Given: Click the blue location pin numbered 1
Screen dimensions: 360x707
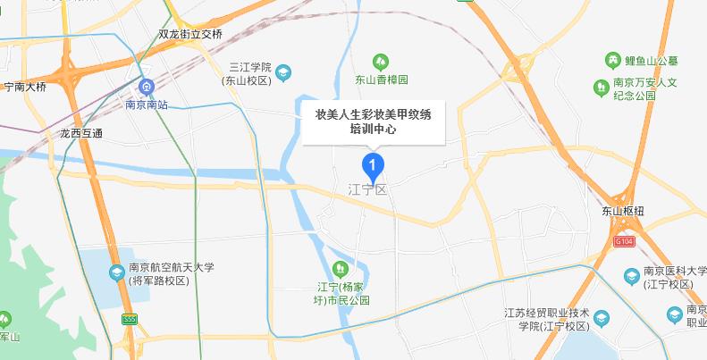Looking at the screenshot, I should (372, 165).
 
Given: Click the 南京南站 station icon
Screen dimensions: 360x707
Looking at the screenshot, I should (145, 88).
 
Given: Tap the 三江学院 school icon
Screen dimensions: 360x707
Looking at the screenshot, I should (282, 71).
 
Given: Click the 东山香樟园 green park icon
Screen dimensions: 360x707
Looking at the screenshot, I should (380, 62).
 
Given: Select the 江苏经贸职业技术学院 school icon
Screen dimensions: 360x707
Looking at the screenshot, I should (602, 317).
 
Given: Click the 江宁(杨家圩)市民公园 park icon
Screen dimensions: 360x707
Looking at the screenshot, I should (341, 268).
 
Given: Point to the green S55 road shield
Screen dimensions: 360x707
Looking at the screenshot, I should (130, 319).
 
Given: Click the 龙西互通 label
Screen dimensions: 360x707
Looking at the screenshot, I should (81, 133).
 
